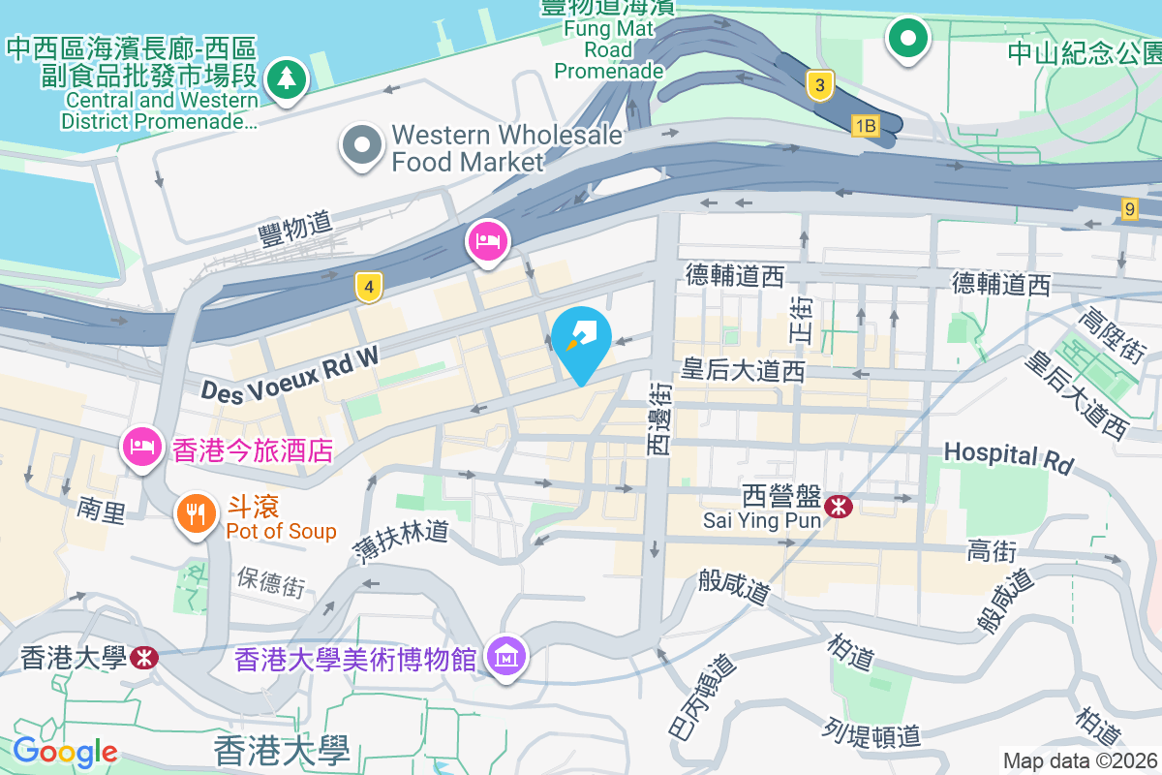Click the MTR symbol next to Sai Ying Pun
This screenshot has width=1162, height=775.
(x=838, y=506)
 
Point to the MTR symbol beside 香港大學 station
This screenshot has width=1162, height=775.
(x=143, y=659)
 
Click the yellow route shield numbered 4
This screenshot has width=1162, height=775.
(x=368, y=287)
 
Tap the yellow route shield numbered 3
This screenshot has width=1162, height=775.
(x=819, y=86)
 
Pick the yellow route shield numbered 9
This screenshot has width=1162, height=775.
(x=1129, y=208)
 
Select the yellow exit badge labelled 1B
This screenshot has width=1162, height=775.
(x=865, y=125)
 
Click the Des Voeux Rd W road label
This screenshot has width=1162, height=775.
(x=290, y=374)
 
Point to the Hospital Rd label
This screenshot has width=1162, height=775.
(x=1009, y=458)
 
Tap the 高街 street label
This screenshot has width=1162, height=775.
(x=991, y=551)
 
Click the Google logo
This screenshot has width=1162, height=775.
(x=65, y=751)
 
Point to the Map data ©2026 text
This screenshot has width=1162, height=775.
(x=1080, y=761)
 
